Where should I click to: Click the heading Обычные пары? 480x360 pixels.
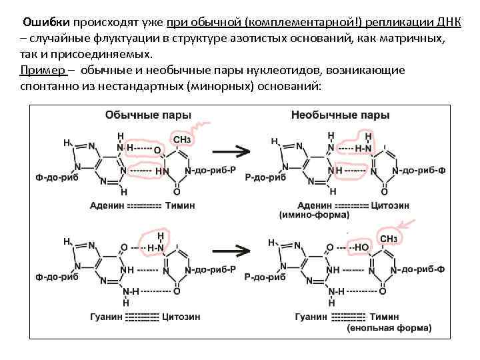tap(148, 115)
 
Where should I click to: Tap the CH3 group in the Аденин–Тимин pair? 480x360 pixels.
tap(182, 139)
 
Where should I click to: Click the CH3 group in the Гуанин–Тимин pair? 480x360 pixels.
tap(389, 239)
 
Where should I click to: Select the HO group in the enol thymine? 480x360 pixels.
tap(361, 247)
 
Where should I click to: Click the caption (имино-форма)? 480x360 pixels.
tap(315, 215)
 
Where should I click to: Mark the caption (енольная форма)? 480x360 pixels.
tap(389, 328)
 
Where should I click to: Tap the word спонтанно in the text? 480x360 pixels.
tap(47, 87)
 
